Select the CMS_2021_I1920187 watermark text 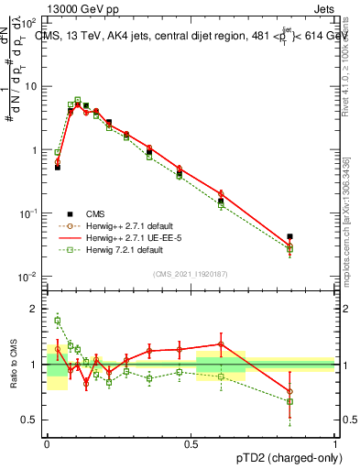[x=191, y=274]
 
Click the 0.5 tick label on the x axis [x=191, y=442]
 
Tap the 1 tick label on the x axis [x=334, y=442]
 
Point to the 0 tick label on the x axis [x=47, y=442]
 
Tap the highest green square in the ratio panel [x=58, y=320]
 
